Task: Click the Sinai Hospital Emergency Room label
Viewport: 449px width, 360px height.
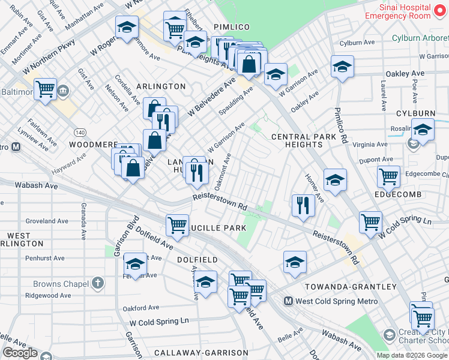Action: (x=405, y=11)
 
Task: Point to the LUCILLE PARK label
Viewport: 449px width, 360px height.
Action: (x=217, y=228)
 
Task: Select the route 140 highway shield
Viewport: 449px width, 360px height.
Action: (x=79, y=131)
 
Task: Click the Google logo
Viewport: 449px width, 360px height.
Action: (x=20, y=353)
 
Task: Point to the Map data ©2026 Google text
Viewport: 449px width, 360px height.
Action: (x=412, y=355)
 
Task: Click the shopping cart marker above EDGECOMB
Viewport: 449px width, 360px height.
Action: (x=388, y=176)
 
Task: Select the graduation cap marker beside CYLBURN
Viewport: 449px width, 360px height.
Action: (x=423, y=130)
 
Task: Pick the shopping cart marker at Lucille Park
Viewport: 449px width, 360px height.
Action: (x=177, y=225)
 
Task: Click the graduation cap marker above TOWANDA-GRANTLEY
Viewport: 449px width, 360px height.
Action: (x=295, y=262)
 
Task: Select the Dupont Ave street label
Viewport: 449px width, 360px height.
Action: (x=375, y=160)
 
